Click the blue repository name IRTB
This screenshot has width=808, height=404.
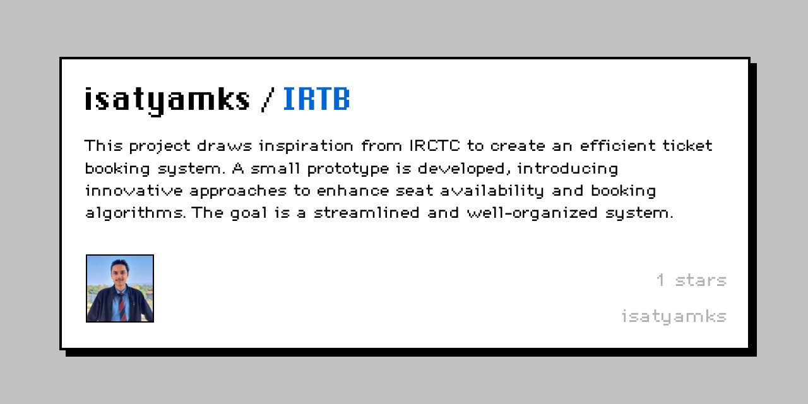click(316, 99)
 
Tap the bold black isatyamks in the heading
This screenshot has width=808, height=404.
click(167, 100)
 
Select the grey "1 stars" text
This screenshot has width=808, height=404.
click(691, 280)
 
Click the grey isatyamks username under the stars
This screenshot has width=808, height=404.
click(674, 316)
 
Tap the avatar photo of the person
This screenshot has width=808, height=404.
click(120, 288)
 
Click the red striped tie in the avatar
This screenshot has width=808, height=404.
click(121, 306)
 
